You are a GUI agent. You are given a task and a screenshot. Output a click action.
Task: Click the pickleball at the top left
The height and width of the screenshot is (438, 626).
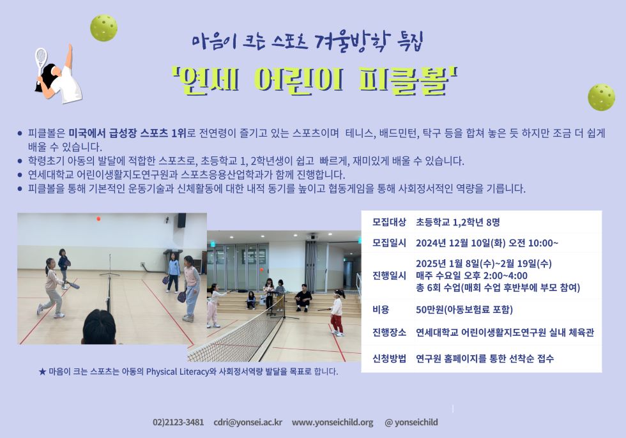[103, 28]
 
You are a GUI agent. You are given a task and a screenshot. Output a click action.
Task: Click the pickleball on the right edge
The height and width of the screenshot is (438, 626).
[601, 97]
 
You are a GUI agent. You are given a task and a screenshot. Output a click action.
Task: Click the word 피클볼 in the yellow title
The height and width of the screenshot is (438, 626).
[403, 80]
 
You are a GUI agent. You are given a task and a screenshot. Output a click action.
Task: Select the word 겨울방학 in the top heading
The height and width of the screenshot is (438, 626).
[350, 41]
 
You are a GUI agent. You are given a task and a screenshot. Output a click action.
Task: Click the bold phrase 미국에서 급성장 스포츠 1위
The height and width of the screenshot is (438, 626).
[127, 133]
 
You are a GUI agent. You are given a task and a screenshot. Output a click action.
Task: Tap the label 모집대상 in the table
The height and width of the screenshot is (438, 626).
[389, 222]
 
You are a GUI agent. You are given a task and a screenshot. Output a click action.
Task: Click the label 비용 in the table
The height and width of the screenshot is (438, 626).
[381, 310]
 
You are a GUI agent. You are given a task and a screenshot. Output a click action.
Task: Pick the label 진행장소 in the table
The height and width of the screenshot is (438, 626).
[389, 332]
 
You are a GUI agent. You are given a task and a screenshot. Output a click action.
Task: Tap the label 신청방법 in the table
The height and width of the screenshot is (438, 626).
[389, 359]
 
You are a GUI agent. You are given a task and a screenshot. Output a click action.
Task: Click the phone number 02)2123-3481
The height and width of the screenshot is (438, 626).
[178, 422]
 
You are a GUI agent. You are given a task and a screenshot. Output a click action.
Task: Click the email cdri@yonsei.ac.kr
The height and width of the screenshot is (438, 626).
[248, 422]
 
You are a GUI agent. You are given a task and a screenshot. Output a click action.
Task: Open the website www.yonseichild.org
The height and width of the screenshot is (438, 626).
[333, 422]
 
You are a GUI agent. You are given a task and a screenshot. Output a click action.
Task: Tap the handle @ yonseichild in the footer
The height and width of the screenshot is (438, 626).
[411, 422]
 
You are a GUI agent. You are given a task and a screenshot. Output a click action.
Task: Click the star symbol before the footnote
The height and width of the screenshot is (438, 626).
[42, 372]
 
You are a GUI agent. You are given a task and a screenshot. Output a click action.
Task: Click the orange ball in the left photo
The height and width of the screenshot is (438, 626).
[98, 219]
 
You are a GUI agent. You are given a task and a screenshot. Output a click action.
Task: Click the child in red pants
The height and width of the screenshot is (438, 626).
[337, 312]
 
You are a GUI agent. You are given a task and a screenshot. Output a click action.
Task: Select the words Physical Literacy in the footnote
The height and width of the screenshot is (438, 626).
[178, 372]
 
